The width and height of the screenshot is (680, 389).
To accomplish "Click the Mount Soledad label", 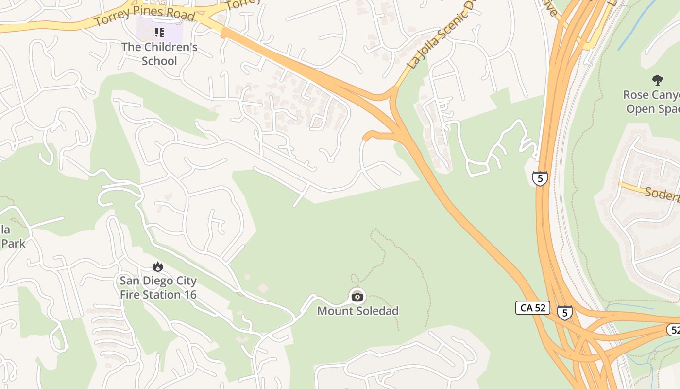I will pos(357,311).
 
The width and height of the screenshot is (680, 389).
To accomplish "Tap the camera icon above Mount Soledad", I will pos(357,297).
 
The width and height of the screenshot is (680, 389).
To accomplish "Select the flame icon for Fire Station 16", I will pos(158,266).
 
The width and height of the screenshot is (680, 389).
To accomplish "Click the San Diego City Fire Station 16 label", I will pos(158,287).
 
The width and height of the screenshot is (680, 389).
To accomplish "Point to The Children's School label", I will pos(159,54).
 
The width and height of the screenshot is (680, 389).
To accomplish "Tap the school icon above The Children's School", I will pos(159,33).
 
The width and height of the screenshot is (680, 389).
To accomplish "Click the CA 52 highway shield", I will pos(532,308).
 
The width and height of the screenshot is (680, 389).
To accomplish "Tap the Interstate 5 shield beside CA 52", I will pos(564,312).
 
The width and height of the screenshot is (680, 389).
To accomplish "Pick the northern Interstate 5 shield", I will pos(540,178).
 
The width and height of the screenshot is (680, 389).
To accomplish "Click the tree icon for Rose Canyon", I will pos(658,80).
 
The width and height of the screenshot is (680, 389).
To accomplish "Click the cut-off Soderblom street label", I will pos(662,194).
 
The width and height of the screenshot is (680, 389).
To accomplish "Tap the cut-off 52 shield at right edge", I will pos(674,330).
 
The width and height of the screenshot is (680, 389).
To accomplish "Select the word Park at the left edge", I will pos(13,243).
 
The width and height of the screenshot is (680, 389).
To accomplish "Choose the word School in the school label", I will pos(159,61).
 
